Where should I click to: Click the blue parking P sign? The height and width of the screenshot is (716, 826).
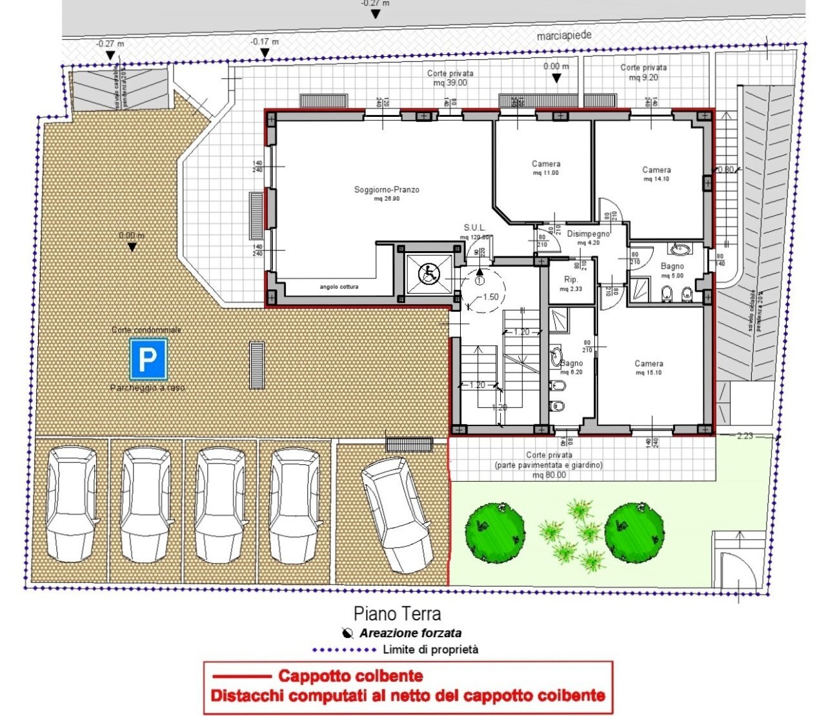pyautogui.click(x=148, y=359)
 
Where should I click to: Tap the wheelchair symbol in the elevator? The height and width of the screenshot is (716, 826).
pyautogui.click(x=428, y=274)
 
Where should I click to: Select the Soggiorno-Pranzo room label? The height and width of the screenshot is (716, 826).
pyautogui.click(x=387, y=193)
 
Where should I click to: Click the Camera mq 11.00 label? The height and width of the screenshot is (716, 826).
pyautogui.click(x=546, y=168)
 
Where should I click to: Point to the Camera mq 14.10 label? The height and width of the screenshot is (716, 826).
pyautogui.click(x=656, y=174)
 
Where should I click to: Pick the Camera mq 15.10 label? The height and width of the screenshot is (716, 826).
pyautogui.click(x=649, y=367)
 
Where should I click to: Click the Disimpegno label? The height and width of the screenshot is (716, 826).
pyautogui.click(x=588, y=237)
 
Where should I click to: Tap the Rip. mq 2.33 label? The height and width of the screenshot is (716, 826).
pyautogui.click(x=571, y=283)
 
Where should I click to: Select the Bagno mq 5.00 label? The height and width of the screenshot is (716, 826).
pyautogui.click(x=672, y=271)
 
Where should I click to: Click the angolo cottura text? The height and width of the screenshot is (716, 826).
pyautogui.click(x=339, y=287)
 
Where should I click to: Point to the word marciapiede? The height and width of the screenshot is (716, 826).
pyautogui.click(x=564, y=36)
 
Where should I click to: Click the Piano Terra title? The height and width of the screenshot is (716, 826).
pyautogui.click(x=397, y=613)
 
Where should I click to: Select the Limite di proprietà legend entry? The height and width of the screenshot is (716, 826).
pyautogui.click(x=430, y=650)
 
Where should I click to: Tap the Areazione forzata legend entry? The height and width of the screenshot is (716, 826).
pyautogui.click(x=410, y=633)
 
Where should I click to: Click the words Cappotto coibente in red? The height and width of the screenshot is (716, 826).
pyautogui.click(x=350, y=676)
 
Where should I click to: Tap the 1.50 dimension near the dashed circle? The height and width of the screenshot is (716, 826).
pyautogui.click(x=490, y=297)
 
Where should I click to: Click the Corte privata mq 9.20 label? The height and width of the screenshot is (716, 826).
pyautogui.click(x=643, y=72)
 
